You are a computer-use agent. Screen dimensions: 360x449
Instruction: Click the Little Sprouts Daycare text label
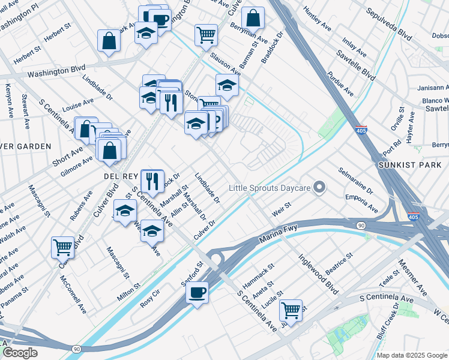click(x=270, y=188)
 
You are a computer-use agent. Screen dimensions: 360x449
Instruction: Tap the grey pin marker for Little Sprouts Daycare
click(x=319, y=188)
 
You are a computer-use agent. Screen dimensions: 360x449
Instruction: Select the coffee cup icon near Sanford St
click(x=197, y=293)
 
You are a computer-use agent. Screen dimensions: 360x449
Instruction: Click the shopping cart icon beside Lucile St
click(x=291, y=310)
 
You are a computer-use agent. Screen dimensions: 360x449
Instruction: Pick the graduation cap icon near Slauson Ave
click(x=227, y=85)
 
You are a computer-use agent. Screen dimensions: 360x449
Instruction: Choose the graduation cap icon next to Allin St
click(x=152, y=232)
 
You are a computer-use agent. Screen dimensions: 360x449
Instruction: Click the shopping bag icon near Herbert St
click(x=109, y=41)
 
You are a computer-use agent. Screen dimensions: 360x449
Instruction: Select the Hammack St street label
click(x=258, y=274)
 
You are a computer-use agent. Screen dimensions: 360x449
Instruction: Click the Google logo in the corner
click(x=20, y=352)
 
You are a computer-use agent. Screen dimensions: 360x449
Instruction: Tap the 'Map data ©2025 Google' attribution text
click(x=412, y=355)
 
